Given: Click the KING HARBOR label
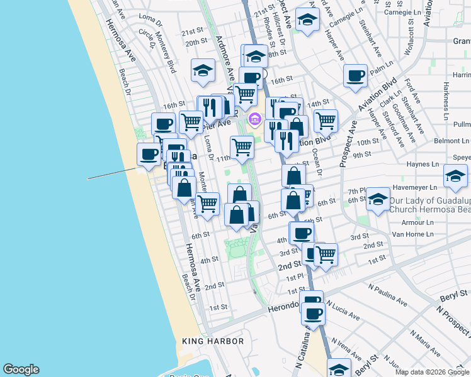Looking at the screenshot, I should coord(212,341).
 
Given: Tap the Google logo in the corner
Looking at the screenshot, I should coord(21,369).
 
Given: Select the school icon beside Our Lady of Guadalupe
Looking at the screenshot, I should coord(378,199).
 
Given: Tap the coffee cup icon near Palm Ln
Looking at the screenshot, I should coord(356,76).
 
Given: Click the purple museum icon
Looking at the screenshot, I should coord(255,119).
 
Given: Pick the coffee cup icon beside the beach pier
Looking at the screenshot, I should coord(149,154).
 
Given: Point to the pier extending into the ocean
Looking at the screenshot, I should coord(112,173).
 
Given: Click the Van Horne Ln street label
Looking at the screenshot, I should coord(413,234).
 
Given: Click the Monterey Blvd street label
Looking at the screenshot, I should coord(164,53).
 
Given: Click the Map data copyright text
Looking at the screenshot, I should coord(432,372).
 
